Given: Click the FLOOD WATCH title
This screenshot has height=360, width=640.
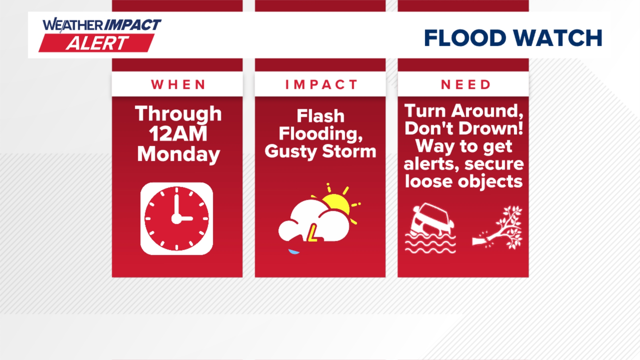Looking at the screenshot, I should [x=513, y=38].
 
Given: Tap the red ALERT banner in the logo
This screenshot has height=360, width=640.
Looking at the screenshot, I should [x=97, y=43].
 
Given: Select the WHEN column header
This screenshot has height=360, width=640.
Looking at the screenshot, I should [x=178, y=85].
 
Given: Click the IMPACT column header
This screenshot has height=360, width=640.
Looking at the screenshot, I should [x=321, y=85].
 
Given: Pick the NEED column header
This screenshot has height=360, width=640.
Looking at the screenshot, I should [x=466, y=85].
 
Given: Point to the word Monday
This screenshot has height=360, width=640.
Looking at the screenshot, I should [x=178, y=154].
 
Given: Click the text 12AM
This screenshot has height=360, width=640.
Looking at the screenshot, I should [x=178, y=134].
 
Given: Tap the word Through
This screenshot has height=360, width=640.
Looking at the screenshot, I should [x=178, y=114].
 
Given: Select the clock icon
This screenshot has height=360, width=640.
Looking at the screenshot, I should [x=177, y=219].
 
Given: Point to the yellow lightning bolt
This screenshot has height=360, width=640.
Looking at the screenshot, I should [x=313, y=233].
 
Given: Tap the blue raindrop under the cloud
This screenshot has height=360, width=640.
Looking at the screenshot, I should [x=294, y=251].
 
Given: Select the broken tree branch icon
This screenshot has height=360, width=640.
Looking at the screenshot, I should [x=500, y=228].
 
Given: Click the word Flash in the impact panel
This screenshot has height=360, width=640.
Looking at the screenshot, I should [x=320, y=116].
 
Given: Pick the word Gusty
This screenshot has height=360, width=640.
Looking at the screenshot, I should [x=290, y=152].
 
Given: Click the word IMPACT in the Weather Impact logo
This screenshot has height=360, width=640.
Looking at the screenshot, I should [x=133, y=25].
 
